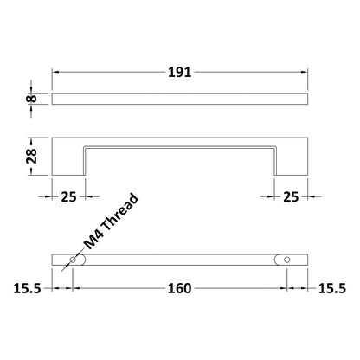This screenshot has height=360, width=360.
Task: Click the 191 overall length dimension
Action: (x=179, y=72)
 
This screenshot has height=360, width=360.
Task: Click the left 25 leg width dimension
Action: (x=68, y=197)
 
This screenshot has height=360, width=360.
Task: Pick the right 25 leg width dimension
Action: (x=291, y=197)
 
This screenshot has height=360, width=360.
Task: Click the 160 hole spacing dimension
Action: (x=179, y=288)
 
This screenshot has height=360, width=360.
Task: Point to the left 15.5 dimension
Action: (x=28, y=288)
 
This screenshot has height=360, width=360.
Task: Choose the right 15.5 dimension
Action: (x=332, y=288)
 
